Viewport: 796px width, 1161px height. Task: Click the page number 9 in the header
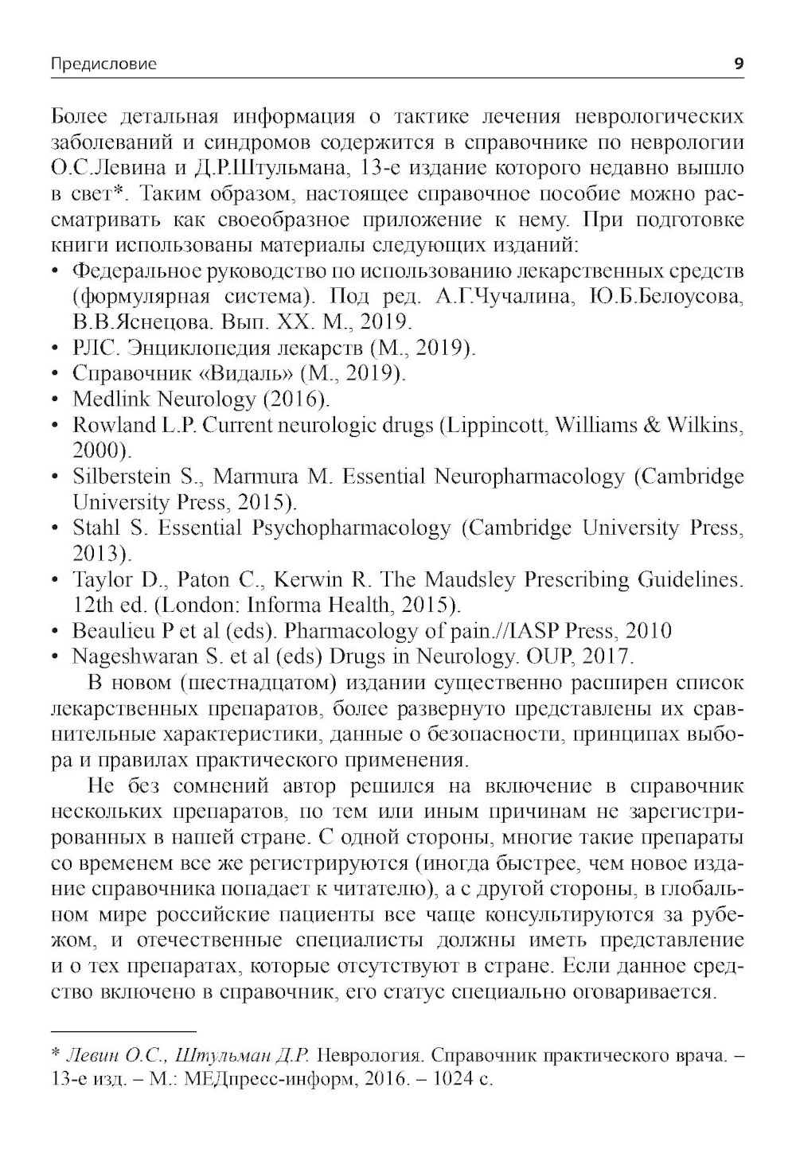(x=739, y=64)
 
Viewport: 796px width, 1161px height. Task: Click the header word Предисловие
(x=103, y=64)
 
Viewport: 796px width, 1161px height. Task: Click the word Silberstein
(x=122, y=477)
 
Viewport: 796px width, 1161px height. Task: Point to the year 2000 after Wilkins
(x=99, y=450)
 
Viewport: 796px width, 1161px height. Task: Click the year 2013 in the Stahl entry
(x=99, y=554)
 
